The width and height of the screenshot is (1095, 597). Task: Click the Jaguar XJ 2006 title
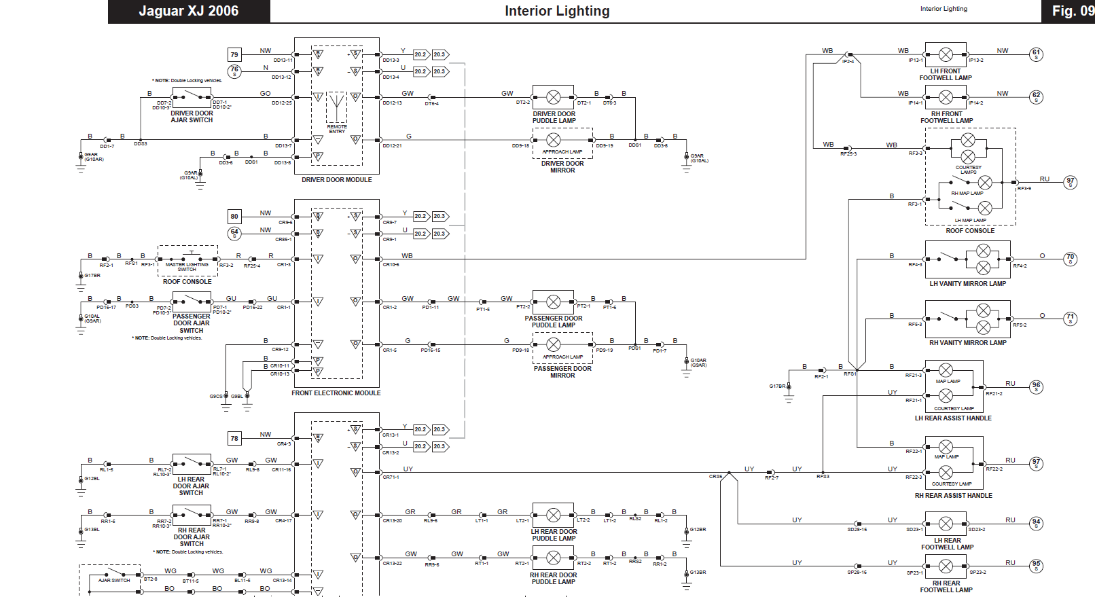point(188,11)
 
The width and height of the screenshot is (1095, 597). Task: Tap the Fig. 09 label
point(1072,11)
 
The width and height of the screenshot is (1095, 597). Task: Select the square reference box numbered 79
point(234,54)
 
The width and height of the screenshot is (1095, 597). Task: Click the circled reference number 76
point(234,71)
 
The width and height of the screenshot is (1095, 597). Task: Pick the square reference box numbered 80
point(234,217)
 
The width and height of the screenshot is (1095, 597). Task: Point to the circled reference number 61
point(1036,54)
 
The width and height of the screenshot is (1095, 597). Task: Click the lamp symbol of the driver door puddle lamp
point(554,97)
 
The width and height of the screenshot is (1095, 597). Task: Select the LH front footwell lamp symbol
point(946,55)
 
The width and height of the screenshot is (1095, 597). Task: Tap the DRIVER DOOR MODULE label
point(336,180)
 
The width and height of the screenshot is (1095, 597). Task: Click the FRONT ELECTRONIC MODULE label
point(336,393)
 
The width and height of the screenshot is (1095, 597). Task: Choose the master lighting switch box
point(187,261)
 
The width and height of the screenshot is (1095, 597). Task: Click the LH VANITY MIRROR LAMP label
point(967,284)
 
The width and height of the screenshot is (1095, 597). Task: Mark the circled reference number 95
point(1036,565)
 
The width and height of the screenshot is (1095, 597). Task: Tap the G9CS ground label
point(215,397)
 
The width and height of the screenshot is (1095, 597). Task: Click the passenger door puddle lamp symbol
point(554,302)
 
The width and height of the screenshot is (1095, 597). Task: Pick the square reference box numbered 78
point(234,438)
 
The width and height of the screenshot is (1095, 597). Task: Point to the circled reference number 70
point(1070,259)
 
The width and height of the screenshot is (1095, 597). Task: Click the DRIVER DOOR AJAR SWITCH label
point(192,117)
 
